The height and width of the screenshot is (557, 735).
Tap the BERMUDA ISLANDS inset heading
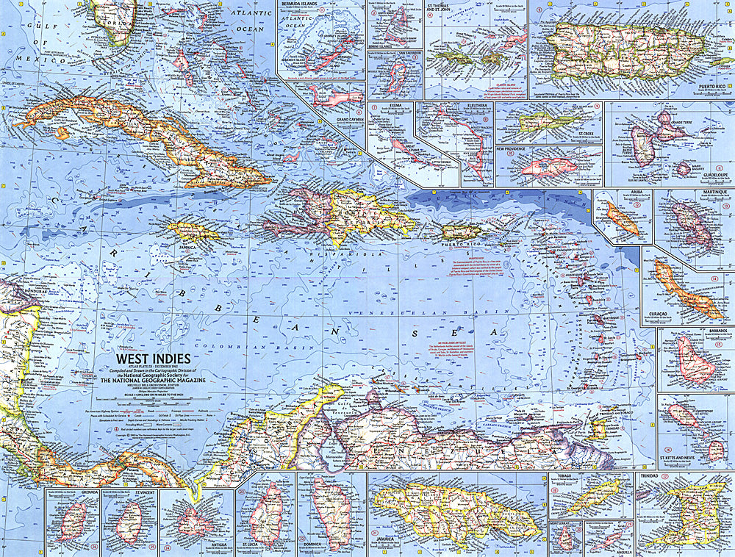303,4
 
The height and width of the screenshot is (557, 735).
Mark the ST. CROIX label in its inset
585,134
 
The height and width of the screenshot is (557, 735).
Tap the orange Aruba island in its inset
622,218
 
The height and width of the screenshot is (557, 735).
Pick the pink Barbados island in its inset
693,359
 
